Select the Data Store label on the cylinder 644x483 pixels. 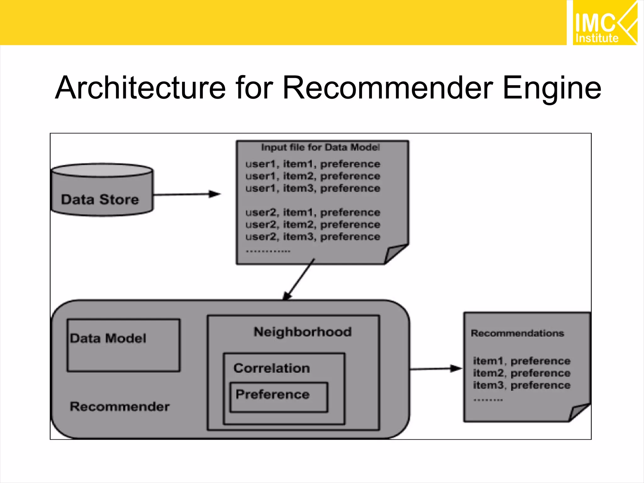[x=100, y=200]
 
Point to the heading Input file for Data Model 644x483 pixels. [x=320, y=147]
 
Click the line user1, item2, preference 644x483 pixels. [x=313, y=176]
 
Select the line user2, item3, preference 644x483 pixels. [x=313, y=236]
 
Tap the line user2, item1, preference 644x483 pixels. [x=313, y=213]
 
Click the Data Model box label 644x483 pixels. [x=108, y=338]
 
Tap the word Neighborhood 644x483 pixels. [x=303, y=332]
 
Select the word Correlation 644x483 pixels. [x=272, y=368]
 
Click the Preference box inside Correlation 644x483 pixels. [x=279, y=397]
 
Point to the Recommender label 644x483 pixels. [x=119, y=407]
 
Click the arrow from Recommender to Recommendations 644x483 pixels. [x=436, y=369]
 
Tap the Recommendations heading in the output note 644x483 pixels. [x=517, y=333]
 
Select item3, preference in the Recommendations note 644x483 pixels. [x=521, y=385]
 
